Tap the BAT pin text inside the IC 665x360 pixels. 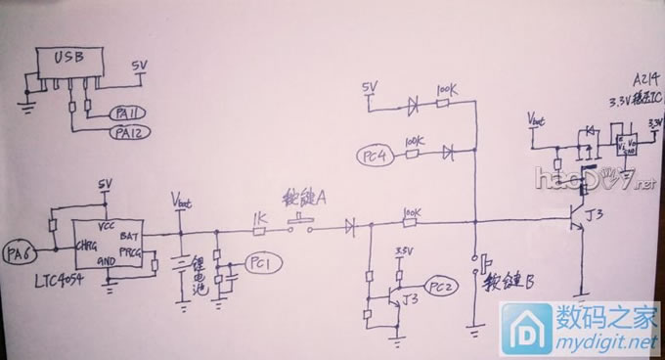(x=128, y=238)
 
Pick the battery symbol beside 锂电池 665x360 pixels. (x=181, y=265)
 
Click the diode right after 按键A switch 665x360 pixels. (x=349, y=227)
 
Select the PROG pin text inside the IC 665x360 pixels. (x=129, y=252)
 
